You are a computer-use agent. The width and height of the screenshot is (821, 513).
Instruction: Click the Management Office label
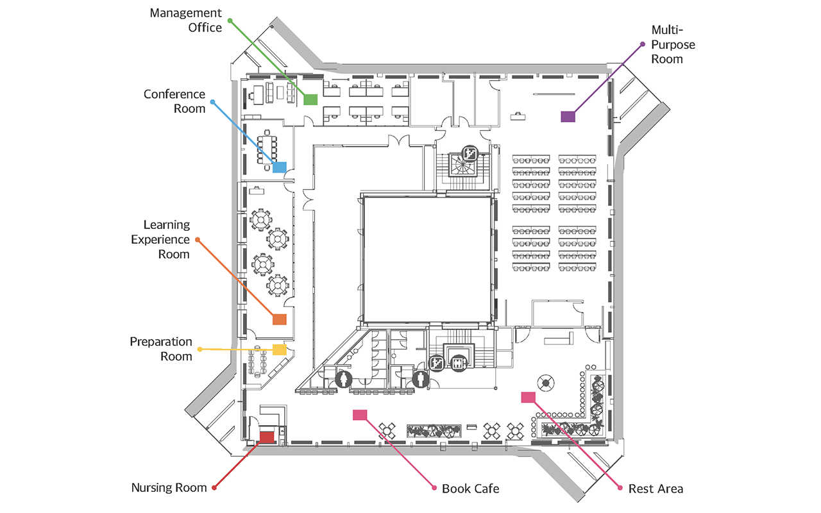186,20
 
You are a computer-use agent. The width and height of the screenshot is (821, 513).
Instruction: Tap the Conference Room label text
174,101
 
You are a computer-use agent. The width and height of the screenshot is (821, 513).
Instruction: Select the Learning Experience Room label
160,239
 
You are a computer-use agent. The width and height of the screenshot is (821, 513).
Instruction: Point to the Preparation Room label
161,349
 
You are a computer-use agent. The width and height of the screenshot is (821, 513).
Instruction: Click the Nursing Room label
169,488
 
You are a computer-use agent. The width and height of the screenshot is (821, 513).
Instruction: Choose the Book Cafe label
471,489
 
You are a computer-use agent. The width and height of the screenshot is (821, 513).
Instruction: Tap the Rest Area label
656,489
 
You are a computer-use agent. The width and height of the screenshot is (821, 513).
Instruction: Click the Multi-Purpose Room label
673,44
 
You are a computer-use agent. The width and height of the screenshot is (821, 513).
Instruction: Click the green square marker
310,99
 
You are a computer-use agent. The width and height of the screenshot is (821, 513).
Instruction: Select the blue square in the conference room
279,167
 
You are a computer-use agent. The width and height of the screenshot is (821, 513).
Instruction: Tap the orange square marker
279,319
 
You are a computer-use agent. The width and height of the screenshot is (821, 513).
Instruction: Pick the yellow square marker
279,349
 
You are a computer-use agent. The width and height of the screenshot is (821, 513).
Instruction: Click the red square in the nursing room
267,437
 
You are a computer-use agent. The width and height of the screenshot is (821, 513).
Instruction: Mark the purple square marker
568,117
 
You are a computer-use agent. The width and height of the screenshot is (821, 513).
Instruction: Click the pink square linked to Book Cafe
360,414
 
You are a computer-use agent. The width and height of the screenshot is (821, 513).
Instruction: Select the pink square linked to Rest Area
528,397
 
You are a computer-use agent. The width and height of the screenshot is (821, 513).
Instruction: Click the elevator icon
458,364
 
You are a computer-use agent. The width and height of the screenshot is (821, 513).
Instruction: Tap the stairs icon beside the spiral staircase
470,153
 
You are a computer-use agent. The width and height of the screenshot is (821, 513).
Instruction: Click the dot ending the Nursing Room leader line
214,488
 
